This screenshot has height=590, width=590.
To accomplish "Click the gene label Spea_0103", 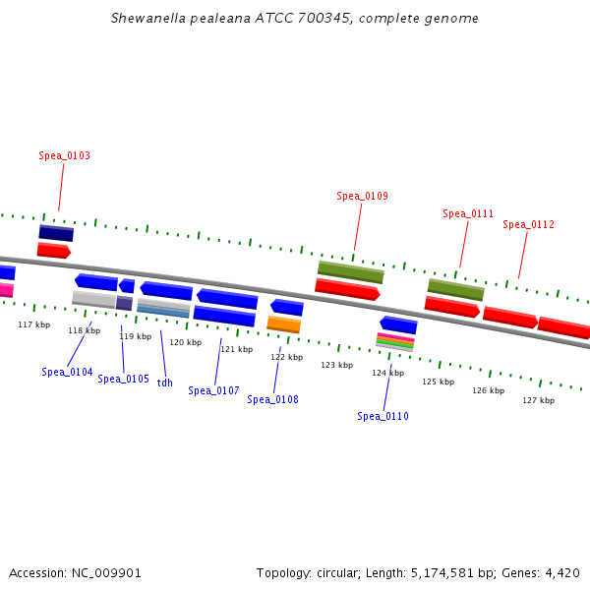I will pyautogui.click(x=65, y=155).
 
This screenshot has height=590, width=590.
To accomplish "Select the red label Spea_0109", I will pyautogui.click(x=362, y=196).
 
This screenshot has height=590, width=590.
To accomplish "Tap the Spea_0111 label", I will pyautogui.click(x=468, y=213).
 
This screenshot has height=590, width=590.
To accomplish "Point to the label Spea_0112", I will pyautogui.click(x=528, y=224).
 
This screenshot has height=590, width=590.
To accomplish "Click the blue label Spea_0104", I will pyautogui.click(x=67, y=372).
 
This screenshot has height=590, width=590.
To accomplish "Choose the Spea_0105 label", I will pyautogui.click(x=123, y=379).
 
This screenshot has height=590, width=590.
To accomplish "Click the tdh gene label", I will pyautogui.click(x=164, y=383).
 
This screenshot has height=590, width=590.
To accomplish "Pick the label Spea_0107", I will pyautogui.click(x=213, y=390).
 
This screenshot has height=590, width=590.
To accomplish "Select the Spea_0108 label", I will pyautogui.click(x=272, y=399).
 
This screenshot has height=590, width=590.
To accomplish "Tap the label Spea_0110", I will pyautogui.click(x=383, y=416).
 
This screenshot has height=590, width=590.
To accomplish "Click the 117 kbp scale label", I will pyautogui.click(x=33, y=324).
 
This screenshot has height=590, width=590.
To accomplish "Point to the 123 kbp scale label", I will pyautogui.click(x=336, y=365).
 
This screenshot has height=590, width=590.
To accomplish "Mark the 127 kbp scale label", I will pyautogui.click(x=538, y=400).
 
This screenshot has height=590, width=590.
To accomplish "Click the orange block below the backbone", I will pyautogui.click(x=284, y=324).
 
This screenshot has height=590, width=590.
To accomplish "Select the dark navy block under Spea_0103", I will pyautogui.click(x=56, y=233).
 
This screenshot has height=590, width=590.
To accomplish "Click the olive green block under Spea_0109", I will pyautogui.click(x=350, y=271).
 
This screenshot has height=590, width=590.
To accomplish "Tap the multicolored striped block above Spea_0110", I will pyautogui.click(x=394, y=341).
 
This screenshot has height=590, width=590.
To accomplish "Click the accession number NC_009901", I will pyautogui.click(x=108, y=572).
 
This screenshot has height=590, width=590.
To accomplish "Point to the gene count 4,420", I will pyautogui.click(x=561, y=572).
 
